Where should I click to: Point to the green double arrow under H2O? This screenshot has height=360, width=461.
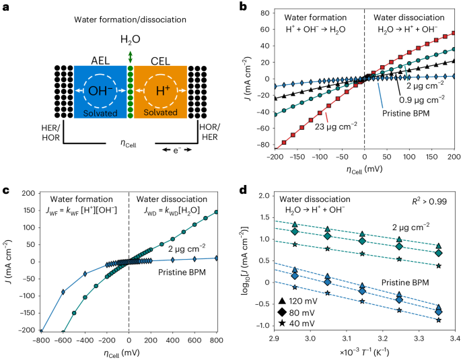click(130, 57)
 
